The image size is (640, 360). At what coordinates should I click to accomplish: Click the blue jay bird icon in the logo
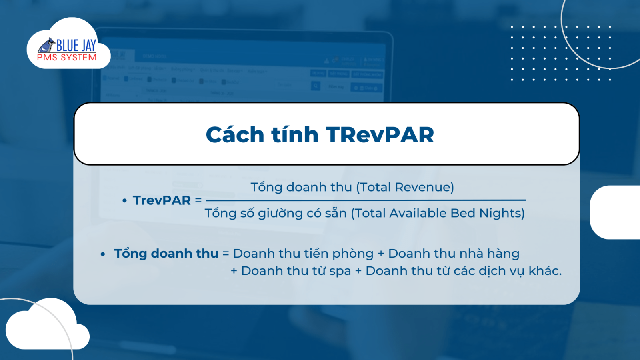(x=47, y=45)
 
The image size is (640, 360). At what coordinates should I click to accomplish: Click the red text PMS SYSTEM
(x=67, y=58)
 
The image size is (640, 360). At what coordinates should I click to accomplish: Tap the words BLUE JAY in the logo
(x=76, y=46)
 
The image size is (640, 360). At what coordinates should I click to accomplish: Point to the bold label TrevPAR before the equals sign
(x=162, y=200)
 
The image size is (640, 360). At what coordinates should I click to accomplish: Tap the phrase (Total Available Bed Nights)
(x=438, y=213)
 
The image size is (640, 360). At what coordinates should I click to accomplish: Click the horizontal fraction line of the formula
(x=365, y=200)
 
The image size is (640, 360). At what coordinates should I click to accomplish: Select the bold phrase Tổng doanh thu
(x=166, y=254)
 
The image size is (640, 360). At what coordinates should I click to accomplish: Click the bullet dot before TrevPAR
(x=124, y=200)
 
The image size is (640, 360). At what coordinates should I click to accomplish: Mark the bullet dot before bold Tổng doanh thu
(x=103, y=254)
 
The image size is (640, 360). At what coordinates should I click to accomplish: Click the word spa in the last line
(x=340, y=271)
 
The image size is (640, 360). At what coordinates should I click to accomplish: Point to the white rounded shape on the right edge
(x=616, y=212)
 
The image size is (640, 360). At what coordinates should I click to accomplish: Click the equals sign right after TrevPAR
(x=198, y=200)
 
